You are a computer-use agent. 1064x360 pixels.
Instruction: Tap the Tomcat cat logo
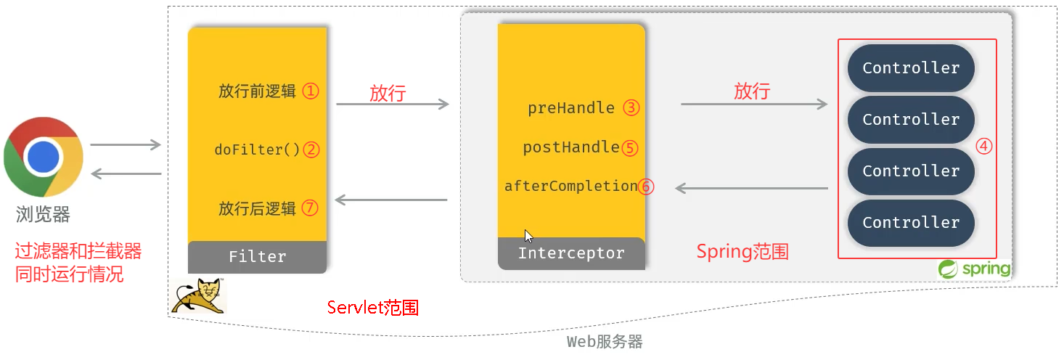198,295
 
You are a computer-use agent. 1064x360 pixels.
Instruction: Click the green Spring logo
975,269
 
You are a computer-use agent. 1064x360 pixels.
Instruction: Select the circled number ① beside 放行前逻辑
311,91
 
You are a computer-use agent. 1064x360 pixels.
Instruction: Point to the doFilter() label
257,150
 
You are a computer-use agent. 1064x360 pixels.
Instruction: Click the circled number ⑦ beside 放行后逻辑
311,208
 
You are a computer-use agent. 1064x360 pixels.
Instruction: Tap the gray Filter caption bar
257,256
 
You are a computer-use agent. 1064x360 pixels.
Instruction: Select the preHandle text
571,108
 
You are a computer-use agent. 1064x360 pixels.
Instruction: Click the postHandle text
571,147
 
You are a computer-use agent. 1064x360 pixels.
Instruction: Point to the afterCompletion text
570,186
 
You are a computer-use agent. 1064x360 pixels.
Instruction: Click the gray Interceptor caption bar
571,253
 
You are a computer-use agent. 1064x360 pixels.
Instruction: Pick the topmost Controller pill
911,68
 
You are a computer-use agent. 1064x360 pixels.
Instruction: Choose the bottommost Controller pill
911,223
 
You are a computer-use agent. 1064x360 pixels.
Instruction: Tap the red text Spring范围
742,252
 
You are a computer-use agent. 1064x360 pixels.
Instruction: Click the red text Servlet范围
373,307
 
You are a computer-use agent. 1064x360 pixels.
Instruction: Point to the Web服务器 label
605,342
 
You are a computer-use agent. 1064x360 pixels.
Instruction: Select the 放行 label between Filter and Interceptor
388,93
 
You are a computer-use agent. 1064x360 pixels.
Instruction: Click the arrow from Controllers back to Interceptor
751,189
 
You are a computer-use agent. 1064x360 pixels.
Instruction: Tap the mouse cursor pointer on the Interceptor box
528,236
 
